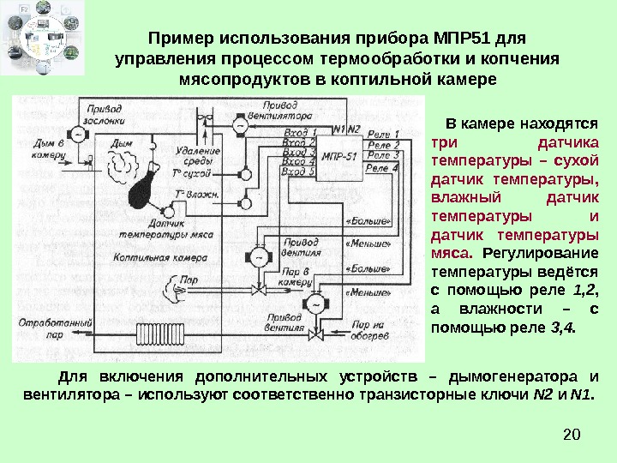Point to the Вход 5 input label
click(x=299, y=171)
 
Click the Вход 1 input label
click(x=299, y=131)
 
